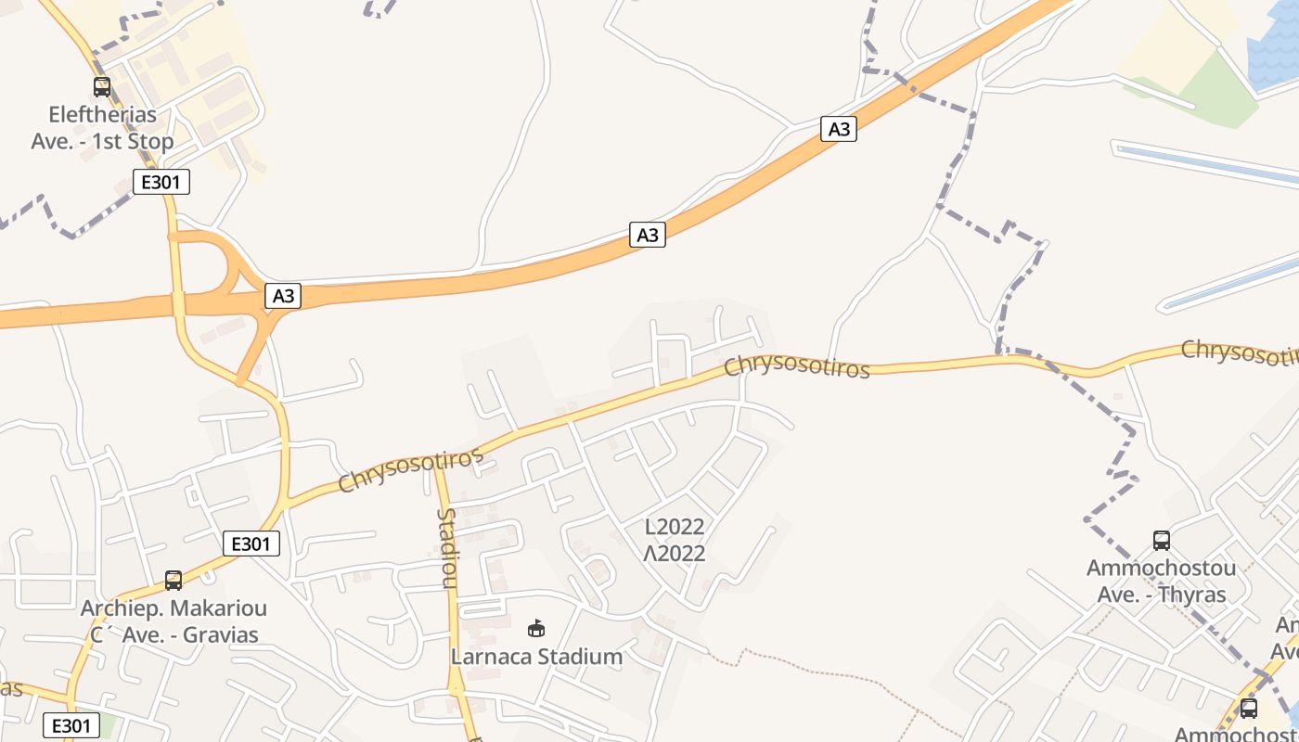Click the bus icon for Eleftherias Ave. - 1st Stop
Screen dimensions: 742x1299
pos(102,87)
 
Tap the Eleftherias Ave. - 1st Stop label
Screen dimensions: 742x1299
pos(102,129)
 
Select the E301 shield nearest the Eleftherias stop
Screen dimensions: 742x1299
pos(161,182)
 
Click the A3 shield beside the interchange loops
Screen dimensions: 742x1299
pos(284,296)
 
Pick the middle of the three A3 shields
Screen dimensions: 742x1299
pos(648,235)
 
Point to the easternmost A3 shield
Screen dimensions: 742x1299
pos(839,129)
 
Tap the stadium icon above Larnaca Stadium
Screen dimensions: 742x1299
pos(536,629)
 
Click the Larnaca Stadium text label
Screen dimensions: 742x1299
pos(536,657)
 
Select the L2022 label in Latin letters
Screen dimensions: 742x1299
pos(675,527)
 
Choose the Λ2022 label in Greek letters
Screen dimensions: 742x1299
pos(675,554)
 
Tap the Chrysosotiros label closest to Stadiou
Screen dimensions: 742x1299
pos(411,470)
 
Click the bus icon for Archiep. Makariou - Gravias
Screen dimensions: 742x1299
pos(174,581)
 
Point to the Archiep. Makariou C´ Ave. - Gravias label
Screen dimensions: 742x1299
pos(174,621)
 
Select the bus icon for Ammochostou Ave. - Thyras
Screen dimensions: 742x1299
pos(1161,541)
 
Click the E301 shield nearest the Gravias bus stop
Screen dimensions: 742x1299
pos(251,544)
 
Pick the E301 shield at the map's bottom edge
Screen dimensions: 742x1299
pos(71,725)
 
